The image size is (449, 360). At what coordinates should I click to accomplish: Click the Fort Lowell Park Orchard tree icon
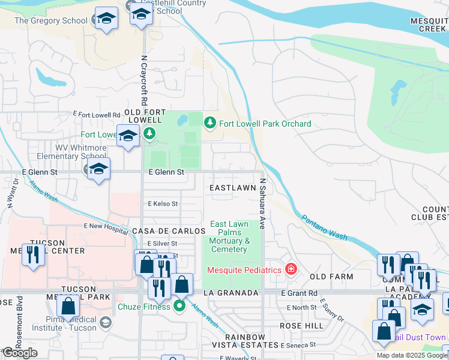[209, 123]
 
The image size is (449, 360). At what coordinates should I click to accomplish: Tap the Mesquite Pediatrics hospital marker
[291, 269]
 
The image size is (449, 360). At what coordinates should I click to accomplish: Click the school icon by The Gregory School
[106, 19]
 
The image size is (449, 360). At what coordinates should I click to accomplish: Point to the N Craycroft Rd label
[144, 81]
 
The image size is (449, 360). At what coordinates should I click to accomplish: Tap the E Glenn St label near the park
[166, 172]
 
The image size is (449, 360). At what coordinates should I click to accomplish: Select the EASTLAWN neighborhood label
[232, 188]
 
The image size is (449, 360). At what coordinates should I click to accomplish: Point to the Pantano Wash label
[324, 227]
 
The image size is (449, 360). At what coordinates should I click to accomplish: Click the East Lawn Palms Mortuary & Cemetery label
[229, 237]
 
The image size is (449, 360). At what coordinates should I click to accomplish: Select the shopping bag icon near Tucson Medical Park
[68, 307]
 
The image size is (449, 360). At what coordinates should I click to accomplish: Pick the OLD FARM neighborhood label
[331, 277]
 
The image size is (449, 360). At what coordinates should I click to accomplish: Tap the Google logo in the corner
[20, 353]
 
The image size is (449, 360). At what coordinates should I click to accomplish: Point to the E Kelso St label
[163, 204]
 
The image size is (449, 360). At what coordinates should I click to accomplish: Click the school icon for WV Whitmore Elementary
[98, 169]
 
